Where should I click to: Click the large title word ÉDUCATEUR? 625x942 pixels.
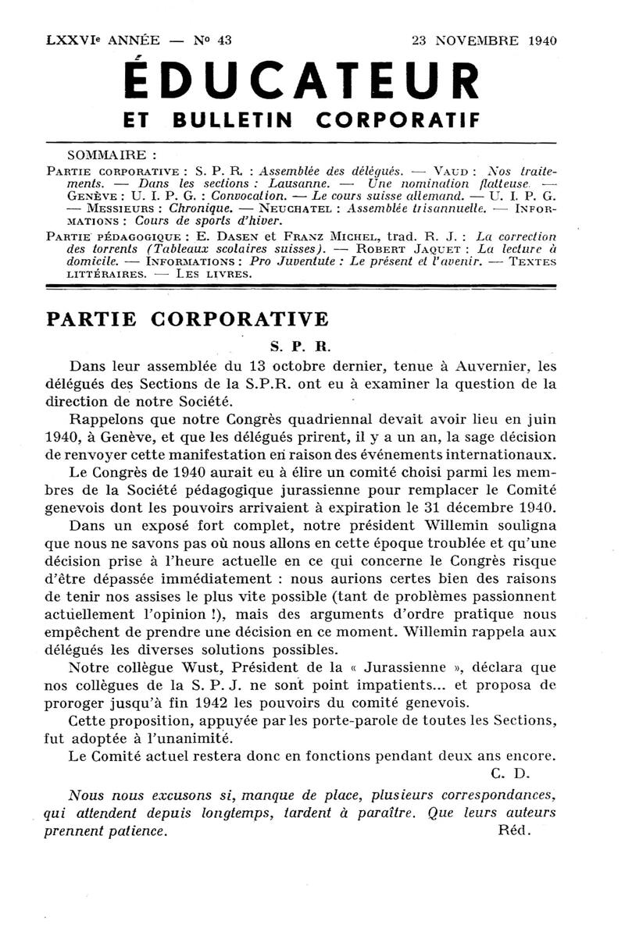pyautogui.click(x=301, y=81)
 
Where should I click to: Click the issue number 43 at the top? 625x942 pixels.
pyautogui.click(x=224, y=41)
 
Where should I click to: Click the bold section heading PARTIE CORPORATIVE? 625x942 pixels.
pyautogui.click(x=187, y=320)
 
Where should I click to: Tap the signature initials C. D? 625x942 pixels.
pyautogui.click(x=512, y=774)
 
